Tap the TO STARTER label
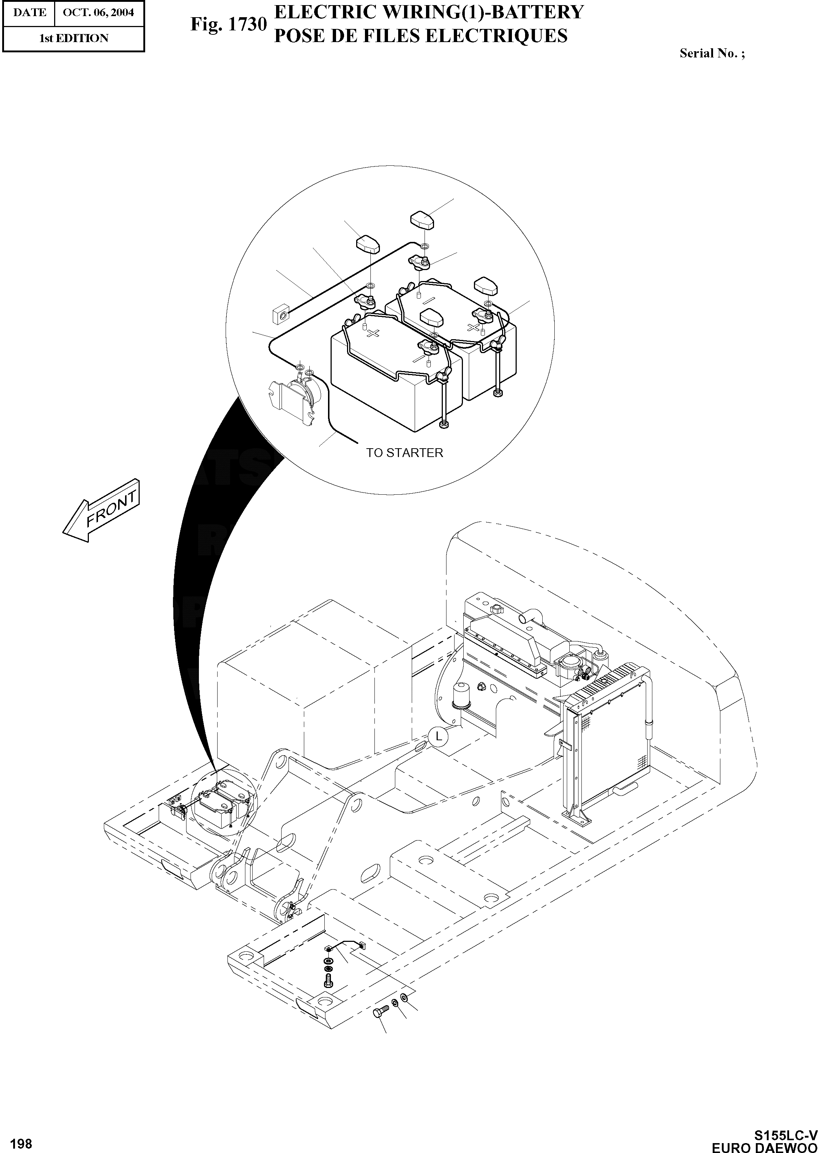[404, 453]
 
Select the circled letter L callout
[438, 737]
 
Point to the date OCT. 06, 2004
[98, 12]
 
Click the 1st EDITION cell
[73, 38]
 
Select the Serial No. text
[712, 53]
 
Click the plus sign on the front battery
[373, 333]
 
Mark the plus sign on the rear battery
[474, 327]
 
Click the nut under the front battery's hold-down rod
[444, 426]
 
